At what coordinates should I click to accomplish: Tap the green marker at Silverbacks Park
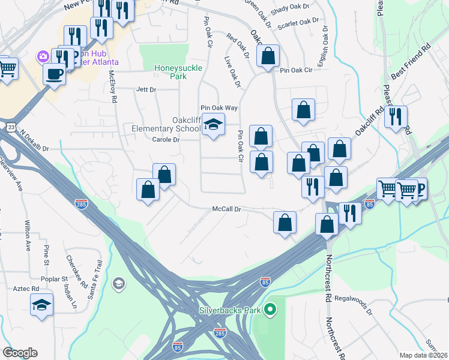click(x=270, y=310)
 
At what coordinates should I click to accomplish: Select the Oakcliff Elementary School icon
click(x=212, y=124)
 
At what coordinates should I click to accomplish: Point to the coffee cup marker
click(x=54, y=74)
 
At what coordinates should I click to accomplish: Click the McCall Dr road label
click(x=226, y=209)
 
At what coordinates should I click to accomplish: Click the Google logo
click(x=20, y=353)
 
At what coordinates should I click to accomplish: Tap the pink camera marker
click(x=43, y=57)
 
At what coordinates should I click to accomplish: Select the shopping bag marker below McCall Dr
click(x=285, y=222)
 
